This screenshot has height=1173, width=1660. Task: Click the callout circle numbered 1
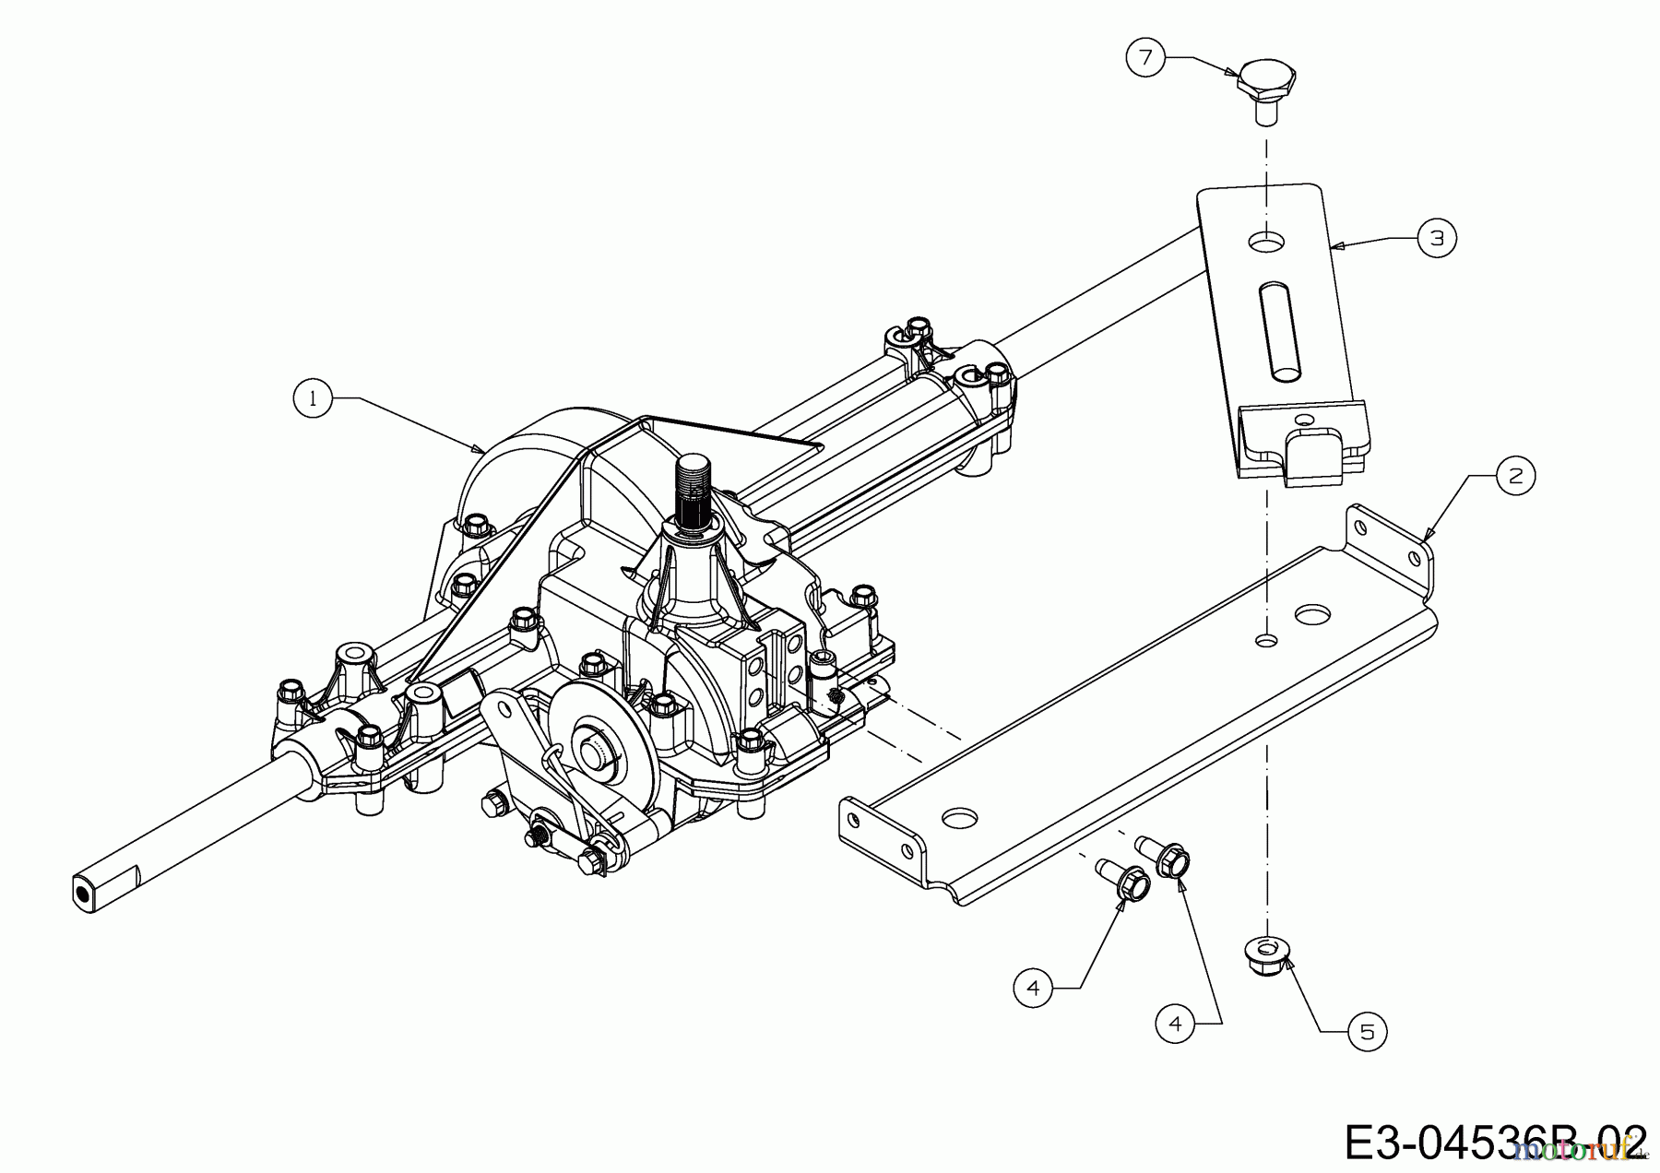tap(313, 398)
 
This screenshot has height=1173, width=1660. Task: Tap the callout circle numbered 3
tap(1437, 237)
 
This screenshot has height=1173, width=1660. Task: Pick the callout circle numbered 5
tap(1367, 1031)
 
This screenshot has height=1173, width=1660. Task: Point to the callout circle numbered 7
tap(1145, 57)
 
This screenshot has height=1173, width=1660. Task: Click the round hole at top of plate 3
tap(1266, 242)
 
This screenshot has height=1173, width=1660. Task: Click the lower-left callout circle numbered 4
tap(1032, 988)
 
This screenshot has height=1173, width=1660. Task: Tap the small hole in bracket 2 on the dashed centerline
tap(1266, 638)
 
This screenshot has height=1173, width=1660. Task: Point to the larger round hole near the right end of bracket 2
tap(1312, 612)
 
